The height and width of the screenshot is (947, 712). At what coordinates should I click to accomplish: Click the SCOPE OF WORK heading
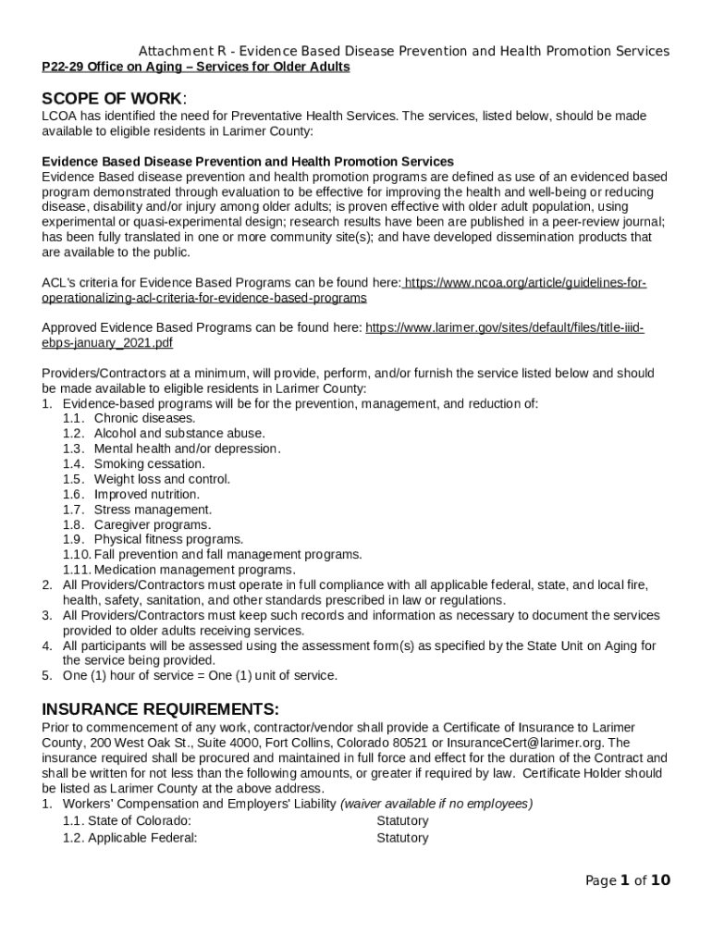pyautogui.click(x=113, y=98)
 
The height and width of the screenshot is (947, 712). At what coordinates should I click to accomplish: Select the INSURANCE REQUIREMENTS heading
pyautogui.click(x=160, y=709)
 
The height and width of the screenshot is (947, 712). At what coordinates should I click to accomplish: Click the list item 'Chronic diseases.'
pyautogui.click(x=144, y=418)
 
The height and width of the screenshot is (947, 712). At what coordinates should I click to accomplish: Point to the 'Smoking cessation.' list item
pyautogui.click(x=149, y=463)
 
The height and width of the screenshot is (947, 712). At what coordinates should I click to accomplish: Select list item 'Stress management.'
pyautogui.click(x=153, y=509)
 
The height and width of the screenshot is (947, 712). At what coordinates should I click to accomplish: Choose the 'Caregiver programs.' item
pyautogui.click(x=152, y=524)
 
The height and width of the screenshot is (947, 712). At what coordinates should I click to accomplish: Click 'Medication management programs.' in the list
pyautogui.click(x=194, y=570)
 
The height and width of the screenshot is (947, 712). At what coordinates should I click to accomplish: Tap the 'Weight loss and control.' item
pyautogui.click(x=162, y=479)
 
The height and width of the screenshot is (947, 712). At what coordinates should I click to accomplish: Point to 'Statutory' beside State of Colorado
pyautogui.click(x=402, y=820)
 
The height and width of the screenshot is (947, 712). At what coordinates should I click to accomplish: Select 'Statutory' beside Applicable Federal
pyautogui.click(x=402, y=838)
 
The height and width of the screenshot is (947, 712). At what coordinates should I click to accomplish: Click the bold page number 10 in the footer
pyautogui.click(x=660, y=880)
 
